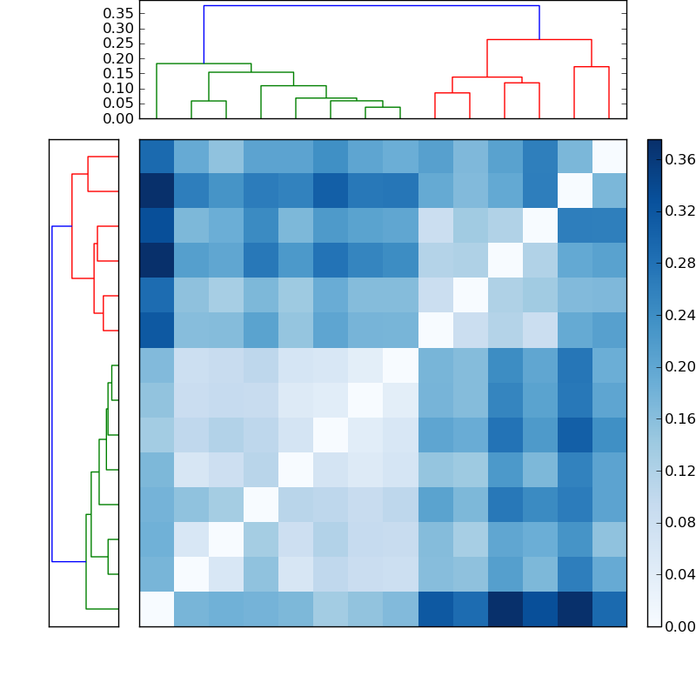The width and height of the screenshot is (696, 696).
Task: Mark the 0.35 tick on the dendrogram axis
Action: [117, 13]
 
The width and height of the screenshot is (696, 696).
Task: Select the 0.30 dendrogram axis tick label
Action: [117, 28]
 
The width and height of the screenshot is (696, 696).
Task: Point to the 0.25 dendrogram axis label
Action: [117, 43]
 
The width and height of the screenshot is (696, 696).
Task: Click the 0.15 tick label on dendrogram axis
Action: [117, 73]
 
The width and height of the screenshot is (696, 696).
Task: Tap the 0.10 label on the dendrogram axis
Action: [117, 89]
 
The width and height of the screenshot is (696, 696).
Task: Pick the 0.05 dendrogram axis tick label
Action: [117, 104]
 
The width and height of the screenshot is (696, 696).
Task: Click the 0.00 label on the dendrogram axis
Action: [117, 118]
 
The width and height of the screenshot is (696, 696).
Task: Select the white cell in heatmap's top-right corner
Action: [609, 157]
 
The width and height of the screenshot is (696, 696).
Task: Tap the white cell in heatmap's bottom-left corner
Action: [157, 609]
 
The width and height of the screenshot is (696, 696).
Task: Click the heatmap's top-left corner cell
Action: [157, 157]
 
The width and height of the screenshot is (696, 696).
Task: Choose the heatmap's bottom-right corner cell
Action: [609, 609]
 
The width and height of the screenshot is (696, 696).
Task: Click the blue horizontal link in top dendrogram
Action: [371, 6]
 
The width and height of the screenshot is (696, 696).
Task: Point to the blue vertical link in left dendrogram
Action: [52, 393]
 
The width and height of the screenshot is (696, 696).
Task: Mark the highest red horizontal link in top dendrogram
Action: [539, 40]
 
